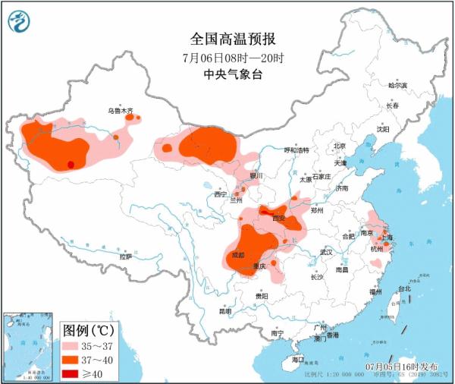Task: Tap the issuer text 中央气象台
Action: tap(227, 74)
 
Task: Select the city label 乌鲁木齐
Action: tap(120, 111)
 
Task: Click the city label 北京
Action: tap(339, 146)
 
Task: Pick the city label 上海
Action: tap(388, 238)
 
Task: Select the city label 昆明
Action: tap(225, 311)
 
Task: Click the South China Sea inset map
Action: tap(30, 345)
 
